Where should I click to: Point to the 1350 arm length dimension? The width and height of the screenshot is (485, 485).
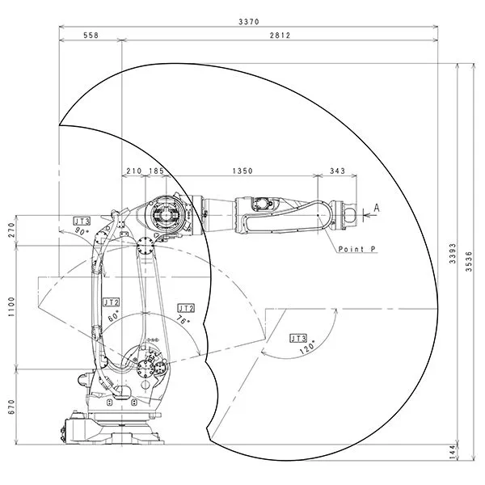click(x=243, y=171)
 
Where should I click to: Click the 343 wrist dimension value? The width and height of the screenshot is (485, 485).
click(x=338, y=171)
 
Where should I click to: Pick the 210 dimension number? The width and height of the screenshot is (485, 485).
click(x=134, y=171)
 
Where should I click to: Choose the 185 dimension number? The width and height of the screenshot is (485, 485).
click(x=157, y=171)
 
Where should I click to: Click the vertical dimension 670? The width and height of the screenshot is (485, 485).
click(x=11, y=407)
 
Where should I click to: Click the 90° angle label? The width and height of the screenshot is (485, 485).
click(x=82, y=231)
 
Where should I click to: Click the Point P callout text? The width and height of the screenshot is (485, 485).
click(x=356, y=250)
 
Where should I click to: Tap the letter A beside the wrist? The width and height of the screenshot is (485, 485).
click(x=376, y=209)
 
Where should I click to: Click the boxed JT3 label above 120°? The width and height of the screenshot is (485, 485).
click(x=298, y=338)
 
